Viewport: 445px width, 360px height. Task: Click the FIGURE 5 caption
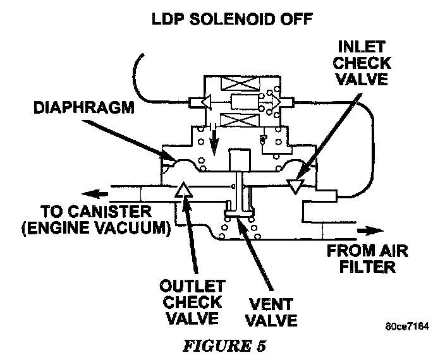coord(222,346)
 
